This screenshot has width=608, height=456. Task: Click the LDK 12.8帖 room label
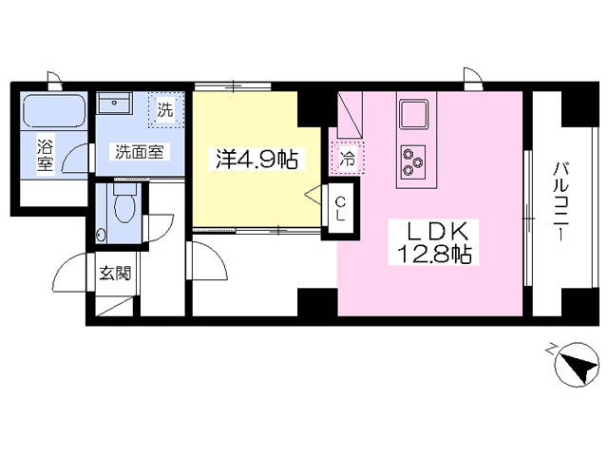pyautogui.click(x=433, y=242)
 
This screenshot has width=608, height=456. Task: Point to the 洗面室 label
pyautogui.click(x=140, y=152)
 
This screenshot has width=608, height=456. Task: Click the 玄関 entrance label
pyautogui.click(x=115, y=274)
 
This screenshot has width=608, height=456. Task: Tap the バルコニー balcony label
pyautogui.click(x=560, y=201)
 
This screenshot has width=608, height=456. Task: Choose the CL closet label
pyautogui.click(x=340, y=208)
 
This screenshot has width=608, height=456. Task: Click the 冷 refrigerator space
pyautogui.click(x=347, y=158)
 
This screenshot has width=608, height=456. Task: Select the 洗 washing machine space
pyautogui.click(x=165, y=110)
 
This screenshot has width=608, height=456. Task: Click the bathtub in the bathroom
pyautogui.click(x=54, y=110)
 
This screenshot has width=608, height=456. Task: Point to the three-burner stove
pyautogui.click(x=413, y=161)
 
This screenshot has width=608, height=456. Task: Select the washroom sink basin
pyautogui.click(x=114, y=104)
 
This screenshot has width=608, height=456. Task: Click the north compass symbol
pyautogui.click(x=577, y=364)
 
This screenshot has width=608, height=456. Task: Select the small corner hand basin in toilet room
pyautogui.click(x=102, y=235)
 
